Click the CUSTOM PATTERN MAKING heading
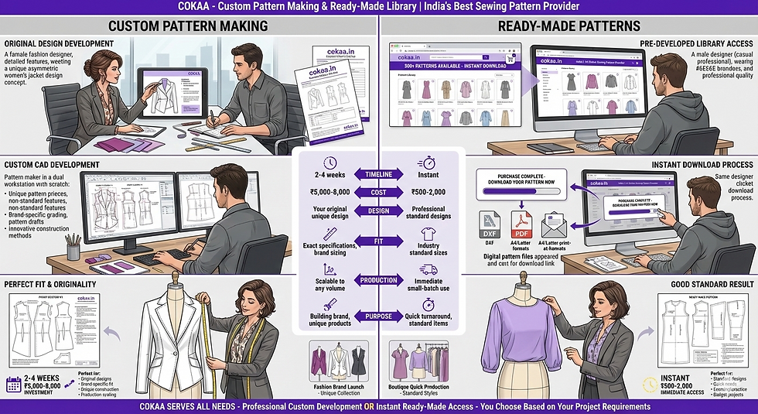pos(188,26)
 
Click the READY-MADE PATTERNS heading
pos(569,26)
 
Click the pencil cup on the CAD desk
pos(73,250)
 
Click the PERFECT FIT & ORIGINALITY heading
pos(50,285)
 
